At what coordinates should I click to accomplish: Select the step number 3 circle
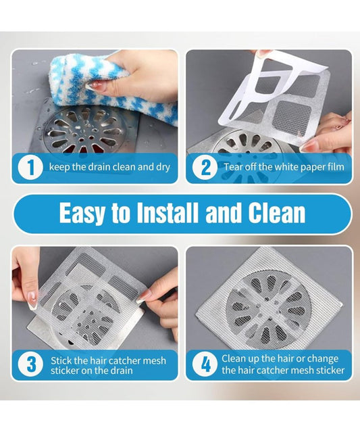click(30, 365)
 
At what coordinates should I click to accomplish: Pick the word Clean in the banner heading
click(275, 214)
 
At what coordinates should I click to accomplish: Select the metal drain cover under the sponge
click(84, 132)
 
